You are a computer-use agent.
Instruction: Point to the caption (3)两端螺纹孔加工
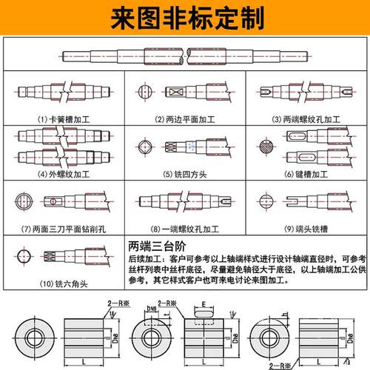pos(305,118)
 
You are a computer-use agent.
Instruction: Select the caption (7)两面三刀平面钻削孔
pos(62,228)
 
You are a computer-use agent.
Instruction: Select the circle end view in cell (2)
pos(144,94)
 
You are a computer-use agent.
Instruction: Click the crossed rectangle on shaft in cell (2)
pos(178,94)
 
